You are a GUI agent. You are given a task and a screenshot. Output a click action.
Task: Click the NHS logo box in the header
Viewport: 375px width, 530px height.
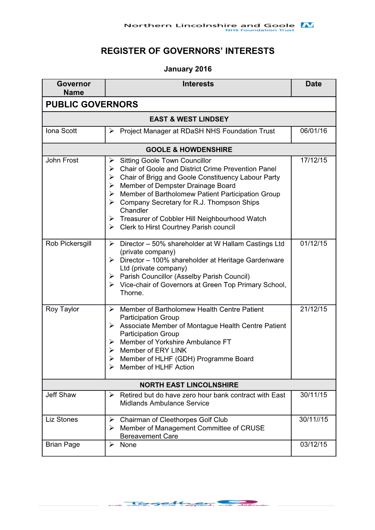pos(307,25)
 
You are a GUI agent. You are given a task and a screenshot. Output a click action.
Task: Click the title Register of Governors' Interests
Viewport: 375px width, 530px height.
pos(187,51)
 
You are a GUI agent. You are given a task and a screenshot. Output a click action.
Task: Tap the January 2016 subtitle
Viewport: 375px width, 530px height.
pos(187,69)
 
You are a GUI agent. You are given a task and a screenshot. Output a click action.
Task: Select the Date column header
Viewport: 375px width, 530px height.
pos(313,84)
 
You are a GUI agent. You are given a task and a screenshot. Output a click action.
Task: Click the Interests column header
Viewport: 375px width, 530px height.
pos(198,84)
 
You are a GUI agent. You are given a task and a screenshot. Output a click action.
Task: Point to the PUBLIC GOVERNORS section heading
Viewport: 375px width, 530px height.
pos(92,104)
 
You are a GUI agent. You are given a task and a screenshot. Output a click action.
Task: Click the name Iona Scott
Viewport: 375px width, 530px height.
pos(61,131)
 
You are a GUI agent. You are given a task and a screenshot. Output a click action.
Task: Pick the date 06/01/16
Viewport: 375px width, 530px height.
pos(313,131)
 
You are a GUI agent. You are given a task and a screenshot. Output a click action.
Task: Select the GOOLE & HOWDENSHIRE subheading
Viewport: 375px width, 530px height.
pos(189,149)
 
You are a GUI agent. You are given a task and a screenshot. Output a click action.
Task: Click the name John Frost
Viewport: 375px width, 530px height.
pos(62,160)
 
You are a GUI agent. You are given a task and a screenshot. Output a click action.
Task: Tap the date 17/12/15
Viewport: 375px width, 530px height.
pos(313,160)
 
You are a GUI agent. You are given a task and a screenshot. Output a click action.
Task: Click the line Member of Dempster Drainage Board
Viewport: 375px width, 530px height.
pos(178,185)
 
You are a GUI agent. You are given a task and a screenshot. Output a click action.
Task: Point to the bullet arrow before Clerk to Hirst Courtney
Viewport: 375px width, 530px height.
pos(112,227)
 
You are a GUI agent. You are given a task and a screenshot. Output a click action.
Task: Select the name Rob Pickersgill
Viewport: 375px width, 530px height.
pos(68,244)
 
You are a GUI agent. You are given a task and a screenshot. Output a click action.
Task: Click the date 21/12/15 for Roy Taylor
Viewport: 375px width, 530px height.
pos(313,309)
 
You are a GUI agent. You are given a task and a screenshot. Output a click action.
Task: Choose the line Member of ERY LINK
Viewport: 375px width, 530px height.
pos(153,350)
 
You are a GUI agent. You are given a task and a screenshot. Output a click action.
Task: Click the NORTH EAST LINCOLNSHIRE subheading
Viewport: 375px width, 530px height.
pos(189,385)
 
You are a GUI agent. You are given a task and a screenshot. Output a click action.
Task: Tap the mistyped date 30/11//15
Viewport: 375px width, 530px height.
pos(313,419)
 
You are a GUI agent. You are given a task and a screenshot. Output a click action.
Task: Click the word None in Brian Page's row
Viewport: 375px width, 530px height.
pos(128,445)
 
